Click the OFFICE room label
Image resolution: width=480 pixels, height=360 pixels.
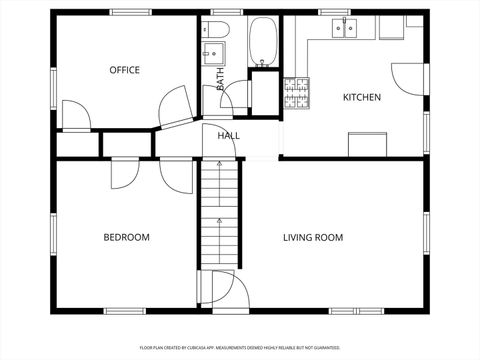pyautogui.click(x=124, y=70)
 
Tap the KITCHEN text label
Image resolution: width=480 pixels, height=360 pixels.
pyautogui.click(x=361, y=97)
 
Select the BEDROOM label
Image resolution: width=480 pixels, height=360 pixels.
pyautogui.click(x=126, y=237)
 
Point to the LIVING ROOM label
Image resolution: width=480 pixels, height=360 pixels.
pyautogui.click(x=313, y=237)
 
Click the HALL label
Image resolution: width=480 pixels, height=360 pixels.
pyautogui.click(x=228, y=135)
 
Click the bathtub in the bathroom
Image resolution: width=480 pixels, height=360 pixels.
pyautogui.click(x=263, y=42)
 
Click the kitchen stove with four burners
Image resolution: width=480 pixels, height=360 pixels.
pyautogui.click(x=298, y=93)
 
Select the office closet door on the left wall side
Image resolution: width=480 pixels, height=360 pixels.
pyautogui.click(x=76, y=112)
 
